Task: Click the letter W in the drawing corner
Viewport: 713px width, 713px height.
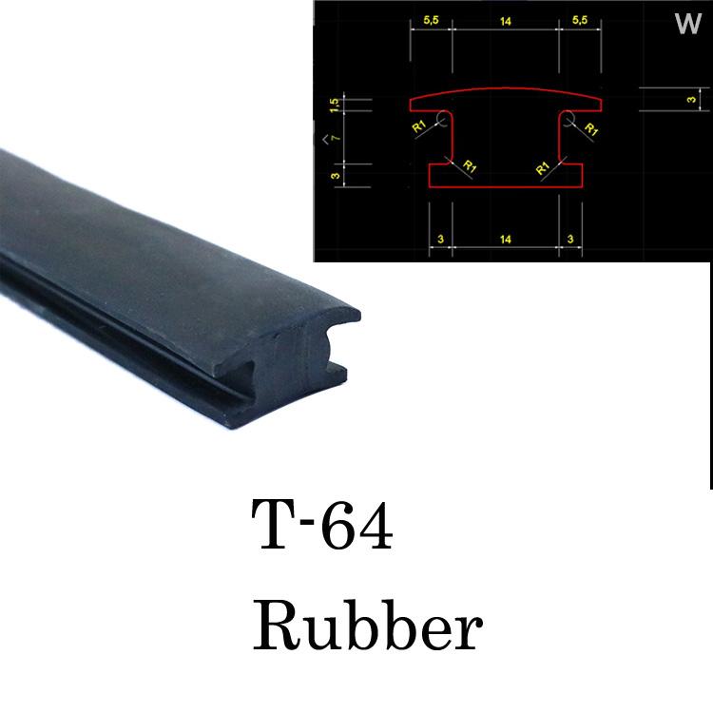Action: [688, 24]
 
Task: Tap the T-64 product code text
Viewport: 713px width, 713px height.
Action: [322, 524]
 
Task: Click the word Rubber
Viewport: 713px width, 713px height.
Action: [367, 626]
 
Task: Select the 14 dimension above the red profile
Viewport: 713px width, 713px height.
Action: [505, 21]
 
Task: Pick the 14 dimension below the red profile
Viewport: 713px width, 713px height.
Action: [505, 240]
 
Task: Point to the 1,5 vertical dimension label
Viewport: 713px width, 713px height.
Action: [335, 106]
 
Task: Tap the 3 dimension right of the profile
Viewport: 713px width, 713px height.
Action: [691, 99]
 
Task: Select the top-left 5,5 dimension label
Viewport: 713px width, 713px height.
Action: [431, 21]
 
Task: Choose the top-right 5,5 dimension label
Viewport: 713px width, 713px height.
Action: [580, 20]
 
